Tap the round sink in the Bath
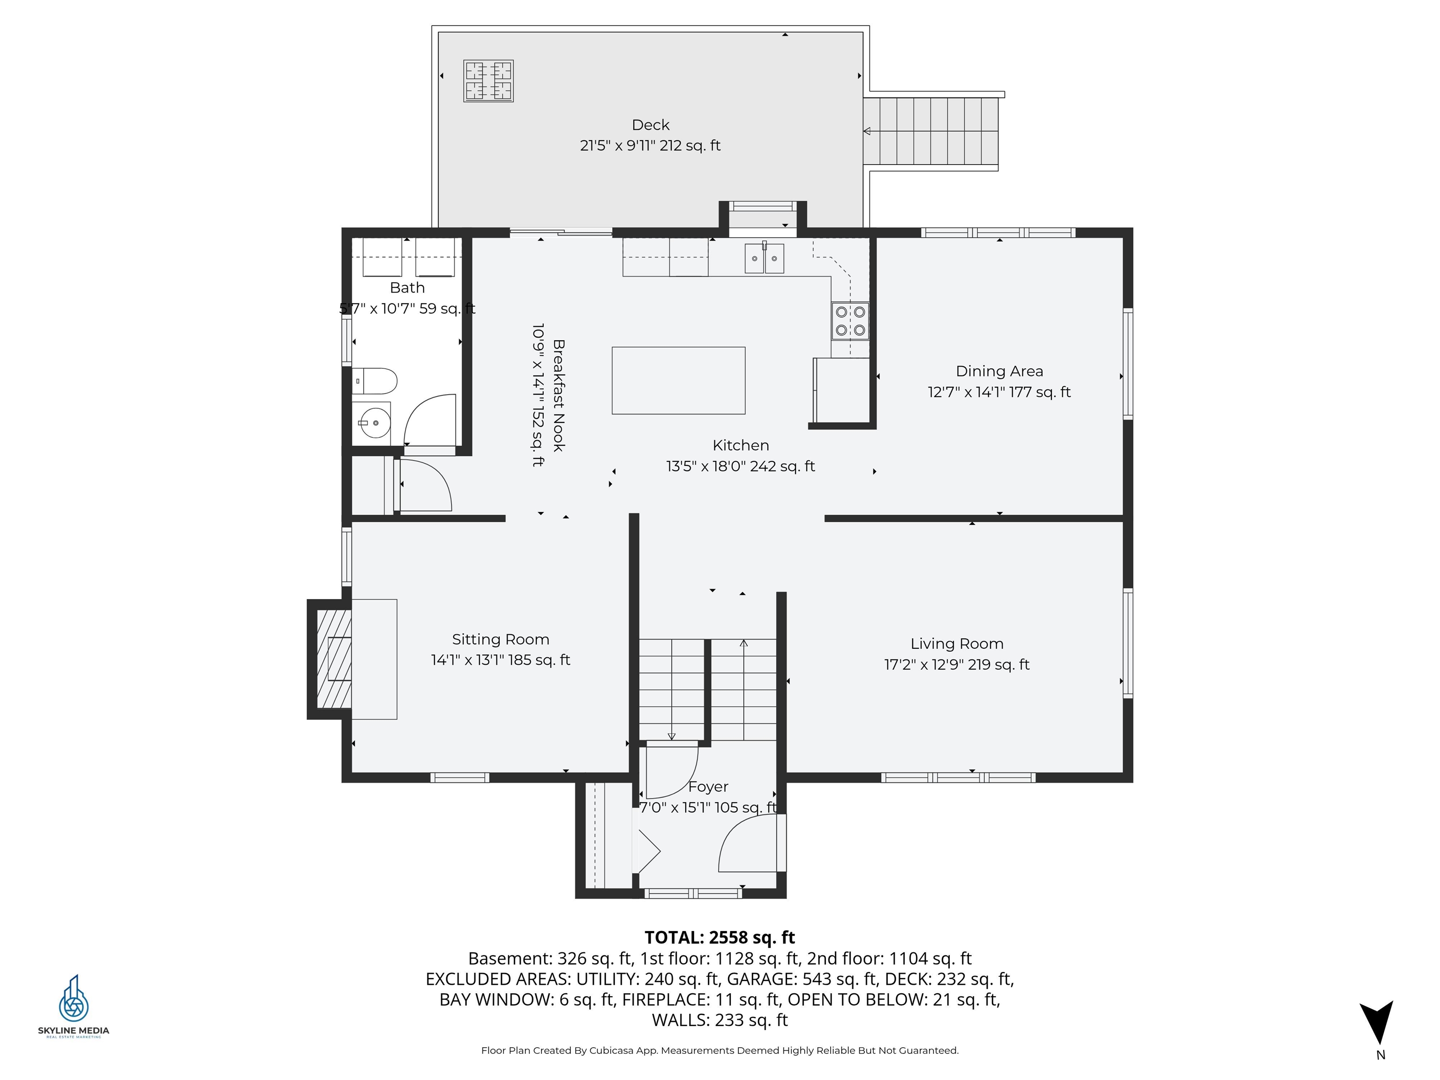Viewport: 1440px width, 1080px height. [x=374, y=423]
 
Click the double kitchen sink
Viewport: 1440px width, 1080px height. [x=764, y=258]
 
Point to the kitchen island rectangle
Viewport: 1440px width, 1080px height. [x=678, y=380]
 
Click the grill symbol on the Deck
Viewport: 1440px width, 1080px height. [x=488, y=81]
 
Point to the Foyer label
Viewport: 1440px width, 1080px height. [x=708, y=787]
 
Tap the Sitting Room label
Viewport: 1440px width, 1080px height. [x=500, y=639]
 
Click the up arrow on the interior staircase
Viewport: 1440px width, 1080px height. [x=743, y=645]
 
